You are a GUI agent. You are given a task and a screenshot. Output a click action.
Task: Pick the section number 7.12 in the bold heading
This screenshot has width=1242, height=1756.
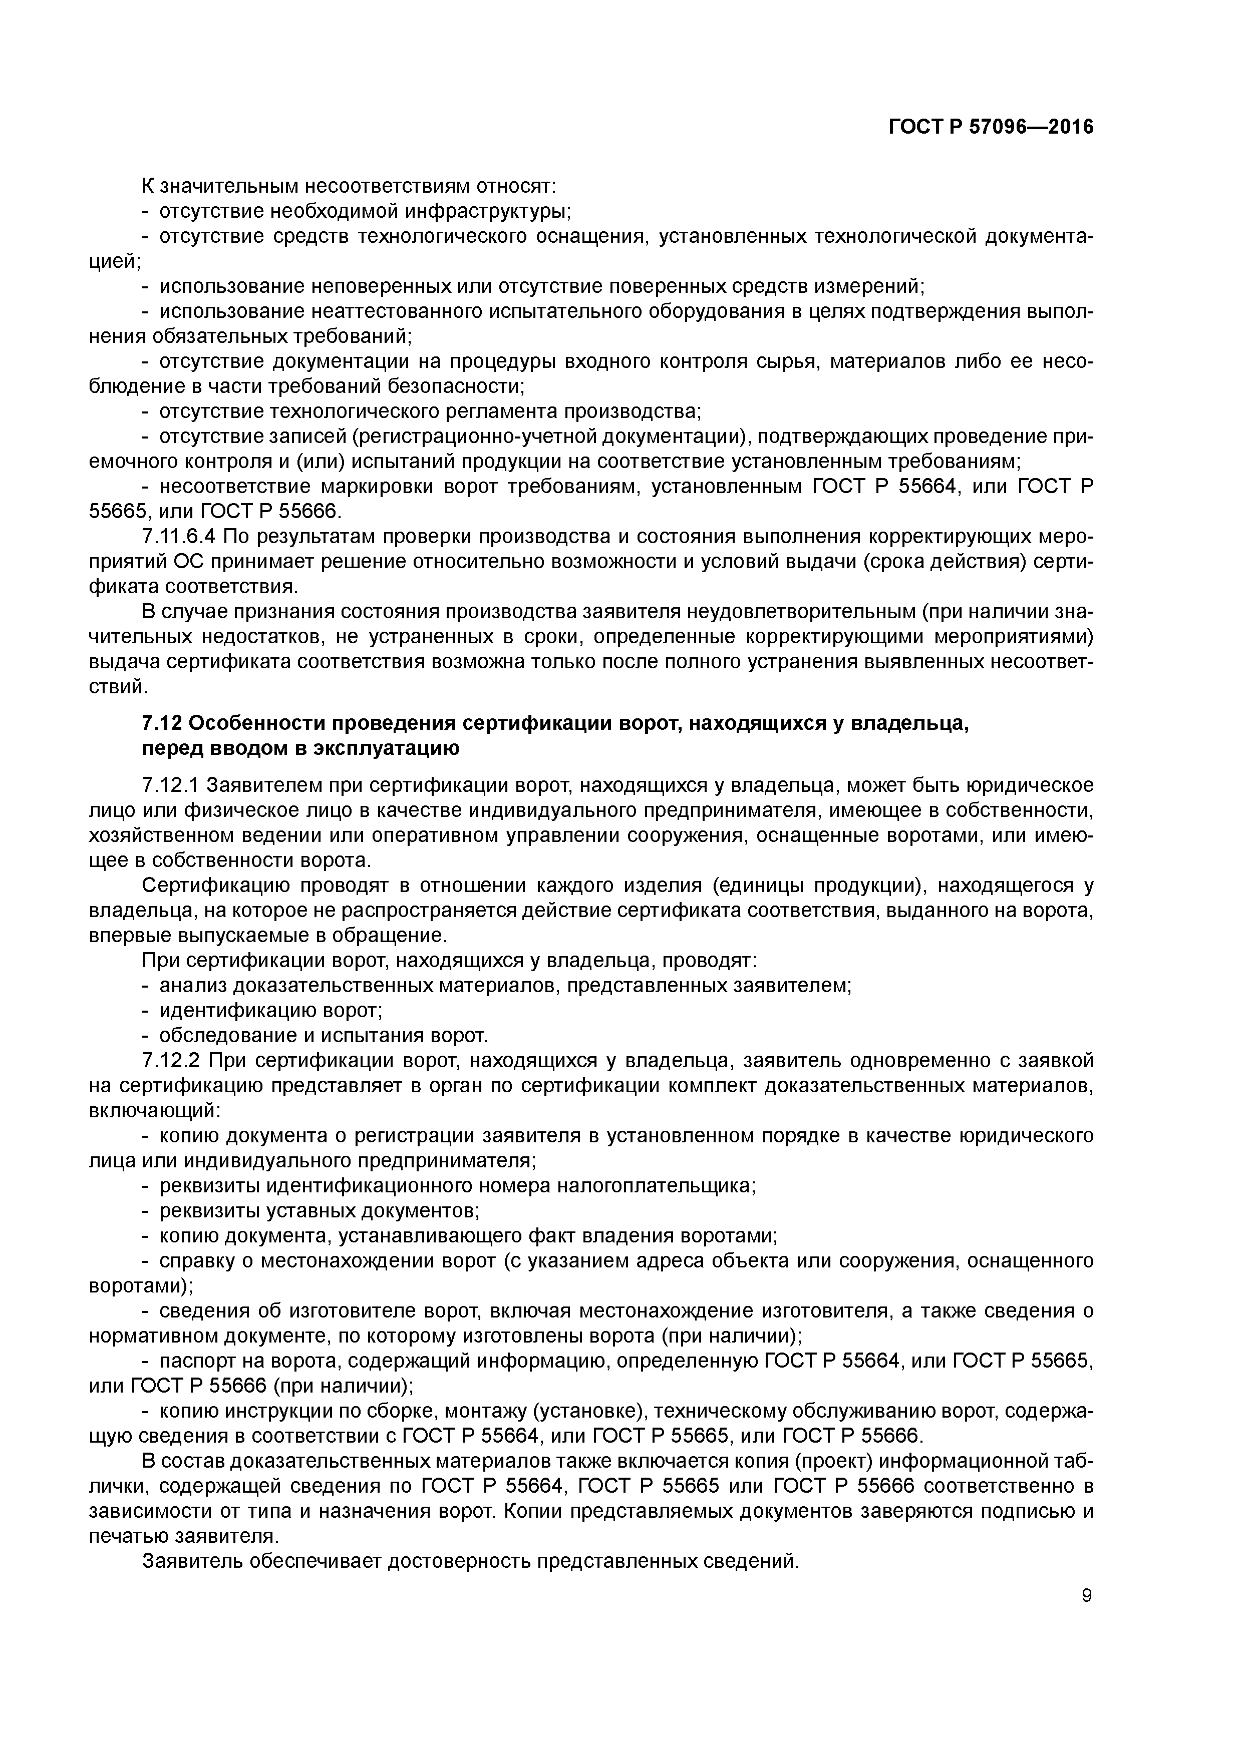161,723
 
